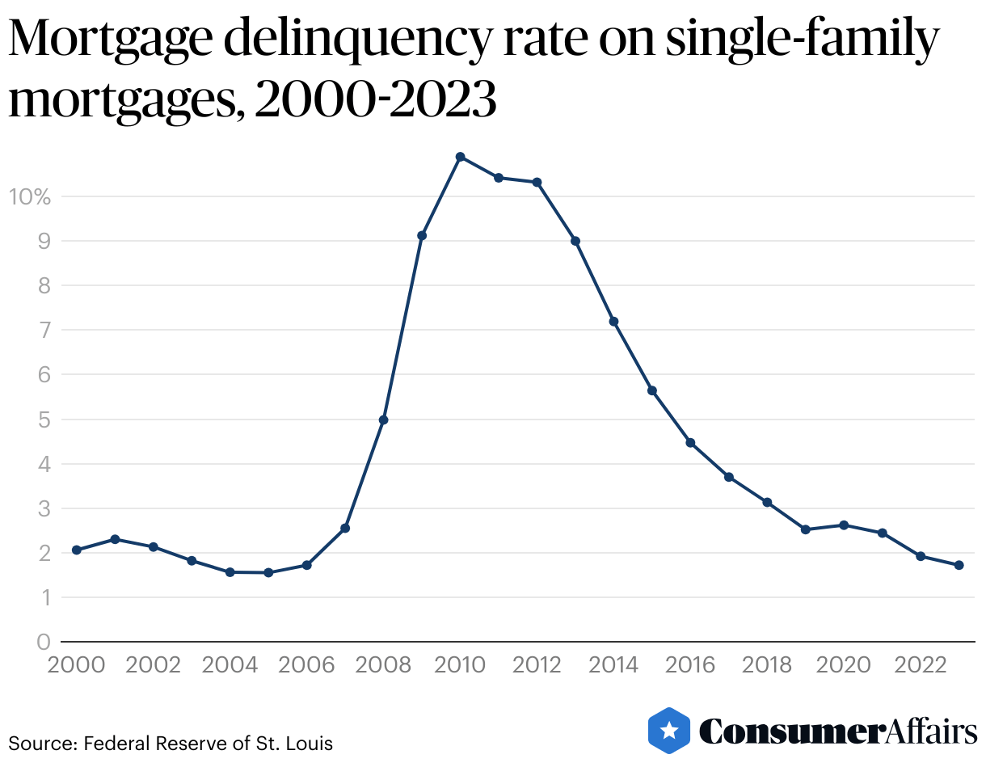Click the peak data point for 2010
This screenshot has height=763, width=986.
coord(460,157)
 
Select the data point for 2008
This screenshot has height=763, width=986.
coord(383,420)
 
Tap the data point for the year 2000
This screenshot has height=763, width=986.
coord(77,550)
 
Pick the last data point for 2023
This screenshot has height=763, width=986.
coord(959,566)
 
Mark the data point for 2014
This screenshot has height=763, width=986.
coord(613,322)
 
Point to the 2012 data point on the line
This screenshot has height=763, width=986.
coord(537,183)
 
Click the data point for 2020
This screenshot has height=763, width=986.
coord(844,525)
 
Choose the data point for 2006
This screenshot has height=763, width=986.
coord(307,566)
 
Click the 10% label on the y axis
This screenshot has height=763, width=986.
coord(29,196)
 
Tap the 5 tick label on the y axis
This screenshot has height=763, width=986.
coord(44,420)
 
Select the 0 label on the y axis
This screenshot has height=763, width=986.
coord(44,643)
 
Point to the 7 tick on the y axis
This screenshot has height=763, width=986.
coord(44,331)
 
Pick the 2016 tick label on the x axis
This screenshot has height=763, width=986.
coord(691,665)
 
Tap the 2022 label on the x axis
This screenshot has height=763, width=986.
coord(921,665)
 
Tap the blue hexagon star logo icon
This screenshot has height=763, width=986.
coord(669,730)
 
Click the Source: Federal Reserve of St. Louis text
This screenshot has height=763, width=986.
coord(171,743)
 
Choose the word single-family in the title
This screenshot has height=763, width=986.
coord(802,40)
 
